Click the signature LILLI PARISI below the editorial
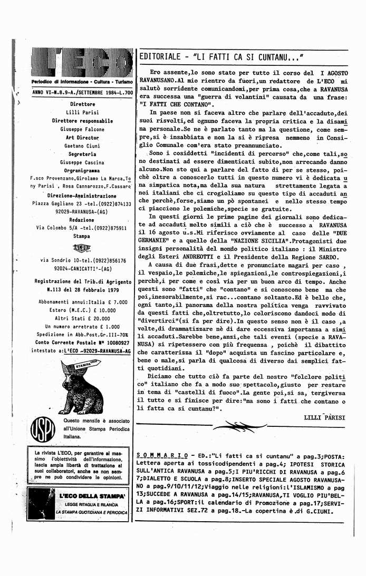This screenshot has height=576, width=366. (x=324, y=417)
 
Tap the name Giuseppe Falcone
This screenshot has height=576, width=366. (x=82, y=129)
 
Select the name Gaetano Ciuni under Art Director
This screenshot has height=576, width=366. (x=82, y=146)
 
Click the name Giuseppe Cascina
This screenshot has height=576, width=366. (x=82, y=162)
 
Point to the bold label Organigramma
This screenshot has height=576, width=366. (x=82, y=171)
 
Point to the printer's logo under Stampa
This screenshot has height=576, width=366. (x=82, y=249)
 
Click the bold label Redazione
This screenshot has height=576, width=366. (x=82, y=220)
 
